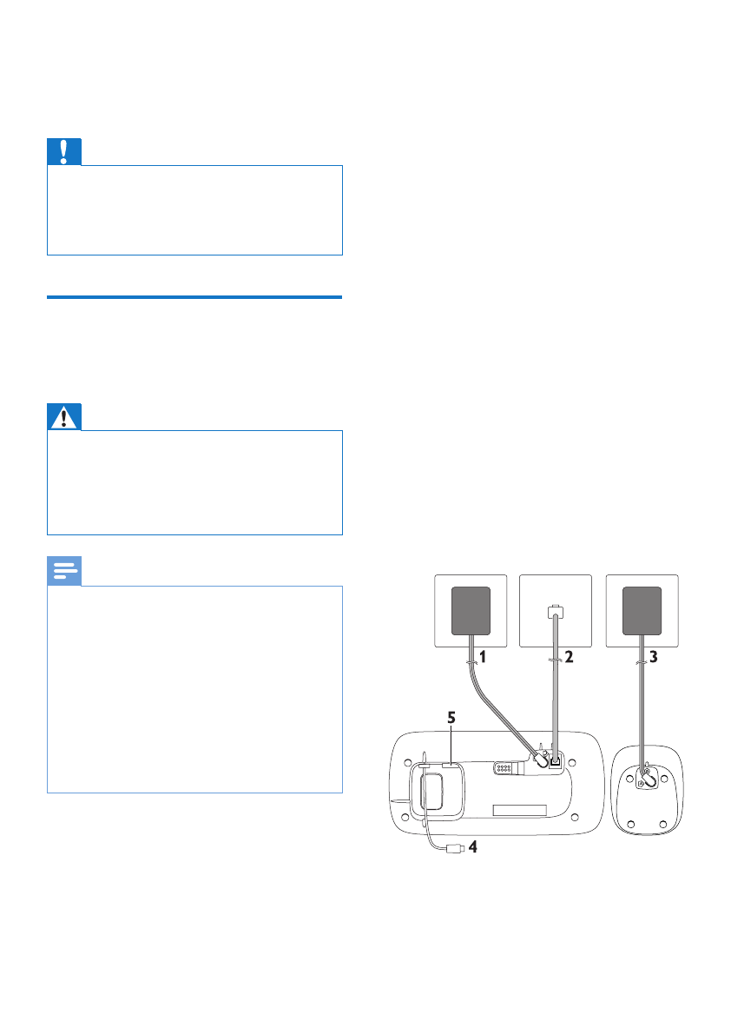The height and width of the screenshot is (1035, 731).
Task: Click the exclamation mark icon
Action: tap(64, 152)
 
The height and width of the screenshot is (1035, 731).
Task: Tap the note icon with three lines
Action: tap(64, 571)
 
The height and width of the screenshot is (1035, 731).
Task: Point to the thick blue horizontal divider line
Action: tap(194, 297)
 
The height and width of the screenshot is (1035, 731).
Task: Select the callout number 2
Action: tap(570, 658)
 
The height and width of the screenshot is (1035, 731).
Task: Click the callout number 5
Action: tap(451, 720)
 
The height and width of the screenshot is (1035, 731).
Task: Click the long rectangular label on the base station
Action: tap(518, 811)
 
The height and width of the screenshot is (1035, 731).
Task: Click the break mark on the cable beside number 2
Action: tap(554, 660)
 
